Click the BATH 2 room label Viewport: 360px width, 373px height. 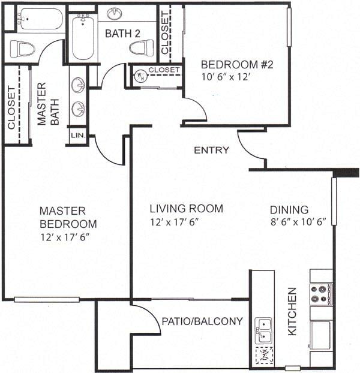tap(122, 34)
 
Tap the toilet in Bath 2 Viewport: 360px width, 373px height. tap(142, 48)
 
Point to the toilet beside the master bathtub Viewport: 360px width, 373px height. tap(22, 48)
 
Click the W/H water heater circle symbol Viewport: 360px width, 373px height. tap(140, 75)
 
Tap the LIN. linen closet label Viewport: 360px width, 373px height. tap(78, 136)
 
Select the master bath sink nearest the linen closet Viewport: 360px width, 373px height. tap(78, 109)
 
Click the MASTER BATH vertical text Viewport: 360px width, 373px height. tap(48, 104)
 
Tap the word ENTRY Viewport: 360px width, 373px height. tap(211, 150)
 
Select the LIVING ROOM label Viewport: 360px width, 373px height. tap(186, 209)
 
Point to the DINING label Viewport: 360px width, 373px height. tap(289, 210)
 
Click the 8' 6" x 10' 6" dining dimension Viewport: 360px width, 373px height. tap(296, 222)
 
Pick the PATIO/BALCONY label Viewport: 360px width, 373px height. tap(202, 321)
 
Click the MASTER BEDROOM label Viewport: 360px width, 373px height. tap(67, 218)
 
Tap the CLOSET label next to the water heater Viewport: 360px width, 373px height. tap(164, 70)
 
